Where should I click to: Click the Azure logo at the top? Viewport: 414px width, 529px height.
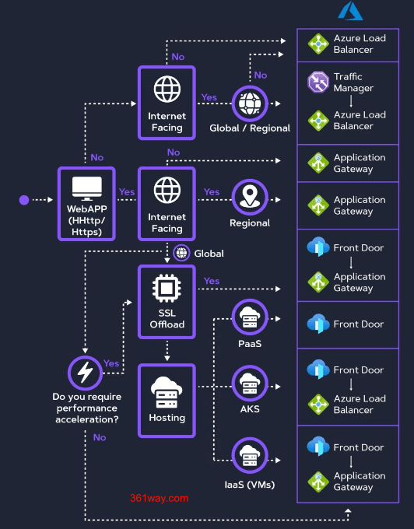coord(351,10)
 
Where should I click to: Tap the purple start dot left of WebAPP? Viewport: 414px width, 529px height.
coord(24,200)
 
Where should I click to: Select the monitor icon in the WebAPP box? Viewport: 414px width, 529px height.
coord(86,187)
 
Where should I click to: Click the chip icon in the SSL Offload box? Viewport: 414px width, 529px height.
coord(167,288)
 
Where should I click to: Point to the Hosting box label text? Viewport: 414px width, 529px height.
coord(167,418)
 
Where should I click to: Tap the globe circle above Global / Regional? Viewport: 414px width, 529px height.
coord(249,103)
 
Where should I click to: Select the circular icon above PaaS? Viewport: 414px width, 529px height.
coord(249,317)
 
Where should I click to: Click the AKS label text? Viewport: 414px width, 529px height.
coord(249,408)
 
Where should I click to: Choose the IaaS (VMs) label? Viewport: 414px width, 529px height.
coord(249,485)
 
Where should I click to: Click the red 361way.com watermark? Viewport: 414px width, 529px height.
coord(160,498)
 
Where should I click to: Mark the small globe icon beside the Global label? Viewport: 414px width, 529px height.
coord(181,253)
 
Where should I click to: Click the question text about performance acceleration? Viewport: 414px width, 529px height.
coord(86,408)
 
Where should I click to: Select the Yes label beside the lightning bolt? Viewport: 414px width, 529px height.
coord(111,363)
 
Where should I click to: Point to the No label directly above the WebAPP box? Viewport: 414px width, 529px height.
coord(96,157)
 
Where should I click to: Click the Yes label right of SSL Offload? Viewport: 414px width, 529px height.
coord(211,281)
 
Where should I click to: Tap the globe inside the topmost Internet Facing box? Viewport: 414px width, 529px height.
coord(167,89)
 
